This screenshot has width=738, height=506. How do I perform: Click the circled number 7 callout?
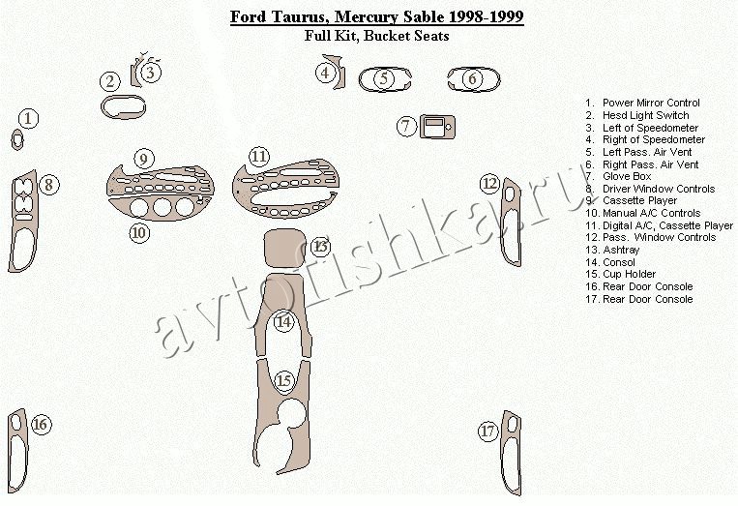point(406,126)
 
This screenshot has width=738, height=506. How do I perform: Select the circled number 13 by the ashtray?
point(320,246)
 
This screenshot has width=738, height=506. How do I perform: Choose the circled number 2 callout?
point(110,81)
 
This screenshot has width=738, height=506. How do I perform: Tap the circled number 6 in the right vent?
point(473,78)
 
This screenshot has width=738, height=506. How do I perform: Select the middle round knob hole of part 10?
point(162,207)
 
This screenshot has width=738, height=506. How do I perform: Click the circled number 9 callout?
point(143,159)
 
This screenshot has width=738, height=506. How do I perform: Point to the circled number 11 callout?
point(259,157)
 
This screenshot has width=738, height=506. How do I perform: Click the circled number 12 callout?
point(490,183)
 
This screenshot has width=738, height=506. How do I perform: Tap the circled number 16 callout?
point(41,424)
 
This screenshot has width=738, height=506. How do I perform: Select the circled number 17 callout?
point(488,432)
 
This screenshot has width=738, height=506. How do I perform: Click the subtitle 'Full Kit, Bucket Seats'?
point(376,36)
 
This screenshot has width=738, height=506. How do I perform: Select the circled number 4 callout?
point(325,73)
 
